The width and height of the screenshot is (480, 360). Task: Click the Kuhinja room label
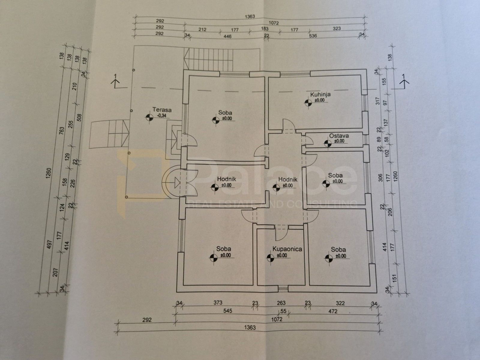coord(320,94)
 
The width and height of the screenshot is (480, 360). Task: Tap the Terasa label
coord(162,110)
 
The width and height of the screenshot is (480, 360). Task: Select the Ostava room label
coord(339,136)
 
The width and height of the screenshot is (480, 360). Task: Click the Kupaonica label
coord(287,249)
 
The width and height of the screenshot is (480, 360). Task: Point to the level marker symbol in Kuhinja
coord(308,103)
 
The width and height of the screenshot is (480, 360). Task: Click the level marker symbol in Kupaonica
coord(270,258)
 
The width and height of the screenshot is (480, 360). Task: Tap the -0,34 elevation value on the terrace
coord(162,115)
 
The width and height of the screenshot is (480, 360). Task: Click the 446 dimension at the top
coord(227,37)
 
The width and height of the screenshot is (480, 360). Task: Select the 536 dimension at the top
coord(313,36)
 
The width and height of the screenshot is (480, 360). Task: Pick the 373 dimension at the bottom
coord(218,302)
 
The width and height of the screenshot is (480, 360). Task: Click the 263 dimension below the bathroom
coord(281,303)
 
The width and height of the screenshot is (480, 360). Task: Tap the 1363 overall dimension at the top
coord(250,16)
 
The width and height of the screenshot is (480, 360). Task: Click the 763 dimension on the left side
coord(62,130)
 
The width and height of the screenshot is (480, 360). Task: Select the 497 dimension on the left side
coord(49,244)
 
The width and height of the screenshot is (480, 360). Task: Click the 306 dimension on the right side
coord(380,178)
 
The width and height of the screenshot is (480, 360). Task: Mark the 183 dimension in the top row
coord(265,28)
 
